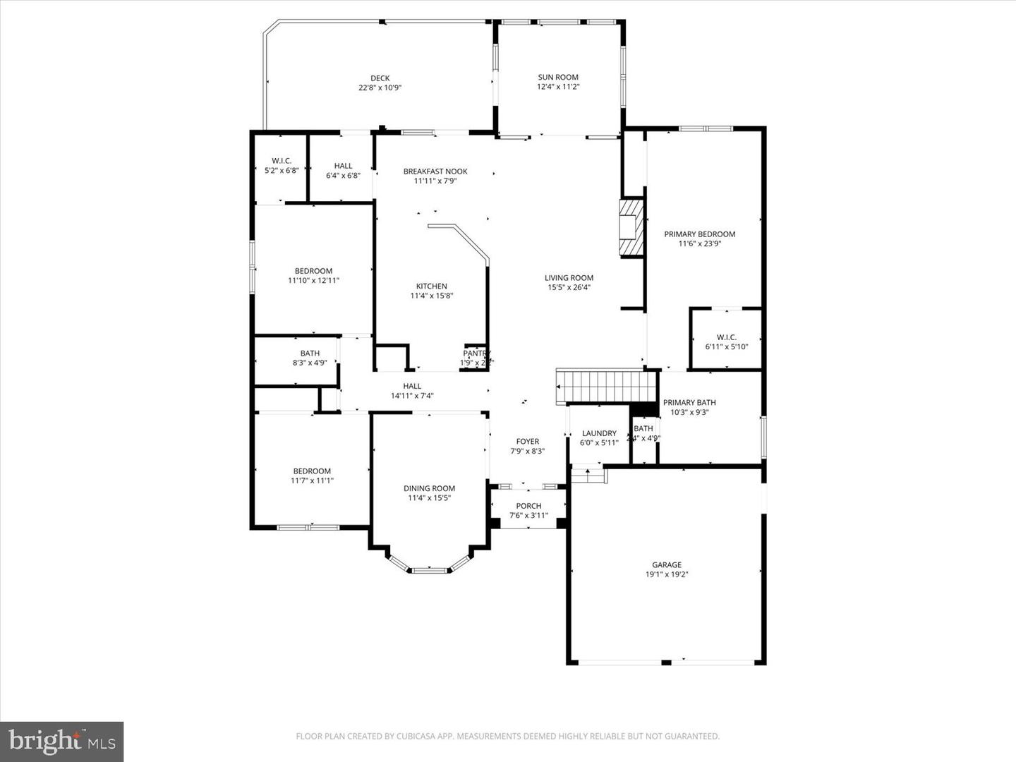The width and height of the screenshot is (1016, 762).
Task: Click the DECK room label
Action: [380, 78]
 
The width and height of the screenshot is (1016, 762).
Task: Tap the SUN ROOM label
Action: [558, 77]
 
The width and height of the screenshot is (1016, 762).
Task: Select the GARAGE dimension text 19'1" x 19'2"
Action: [667, 574]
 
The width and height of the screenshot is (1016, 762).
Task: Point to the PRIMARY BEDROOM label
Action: [699, 234]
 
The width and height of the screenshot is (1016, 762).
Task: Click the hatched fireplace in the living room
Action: [631, 227]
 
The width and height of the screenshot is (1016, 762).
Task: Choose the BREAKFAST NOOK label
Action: [435, 171]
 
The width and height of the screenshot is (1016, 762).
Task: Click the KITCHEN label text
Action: [431, 286]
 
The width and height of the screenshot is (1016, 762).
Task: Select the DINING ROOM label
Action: [429, 488]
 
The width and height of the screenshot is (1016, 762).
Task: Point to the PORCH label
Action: [528, 505]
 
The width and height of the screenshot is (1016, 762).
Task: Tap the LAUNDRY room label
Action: [599, 433]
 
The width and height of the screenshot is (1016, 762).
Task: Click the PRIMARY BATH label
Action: [689, 402]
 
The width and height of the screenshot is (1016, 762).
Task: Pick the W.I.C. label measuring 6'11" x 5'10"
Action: [726, 337]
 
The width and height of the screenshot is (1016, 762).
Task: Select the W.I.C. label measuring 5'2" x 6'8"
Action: [282, 161]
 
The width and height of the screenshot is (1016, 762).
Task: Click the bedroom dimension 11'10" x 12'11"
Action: [313, 280]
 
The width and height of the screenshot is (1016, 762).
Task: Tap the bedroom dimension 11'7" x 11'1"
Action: [312, 480]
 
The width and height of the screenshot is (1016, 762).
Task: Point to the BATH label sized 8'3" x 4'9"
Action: [310, 353]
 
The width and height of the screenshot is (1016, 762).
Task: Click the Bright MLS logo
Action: [62, 742]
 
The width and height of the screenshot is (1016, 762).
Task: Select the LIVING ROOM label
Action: [569, 277]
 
